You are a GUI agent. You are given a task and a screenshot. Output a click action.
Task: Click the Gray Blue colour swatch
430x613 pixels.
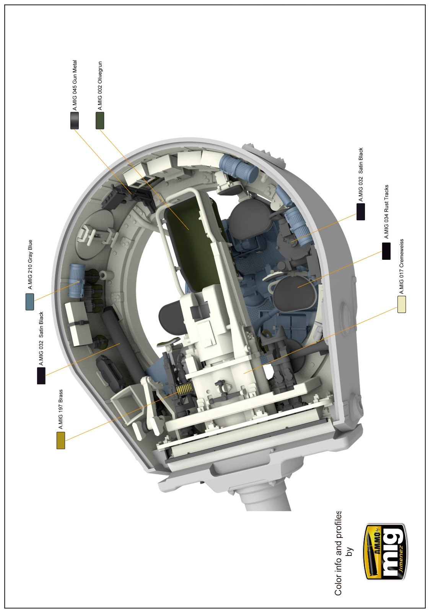coord(30,302)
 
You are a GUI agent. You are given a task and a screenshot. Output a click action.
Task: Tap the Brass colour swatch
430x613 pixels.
coord(61,440)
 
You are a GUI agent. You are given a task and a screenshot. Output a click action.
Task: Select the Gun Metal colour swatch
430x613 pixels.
coord(75,120)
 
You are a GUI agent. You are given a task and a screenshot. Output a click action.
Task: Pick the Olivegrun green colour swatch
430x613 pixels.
coord(100,120)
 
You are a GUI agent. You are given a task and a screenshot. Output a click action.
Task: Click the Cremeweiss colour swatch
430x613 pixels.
coord(402,304)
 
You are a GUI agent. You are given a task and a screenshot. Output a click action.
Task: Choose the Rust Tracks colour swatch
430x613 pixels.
coord(386,251)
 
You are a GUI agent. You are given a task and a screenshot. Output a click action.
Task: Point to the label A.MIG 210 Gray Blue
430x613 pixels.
coord(30,264)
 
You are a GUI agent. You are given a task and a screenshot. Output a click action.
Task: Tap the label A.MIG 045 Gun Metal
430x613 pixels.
coord(75,85)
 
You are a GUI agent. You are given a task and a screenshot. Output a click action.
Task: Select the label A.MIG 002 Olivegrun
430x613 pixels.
coord(100,86)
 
